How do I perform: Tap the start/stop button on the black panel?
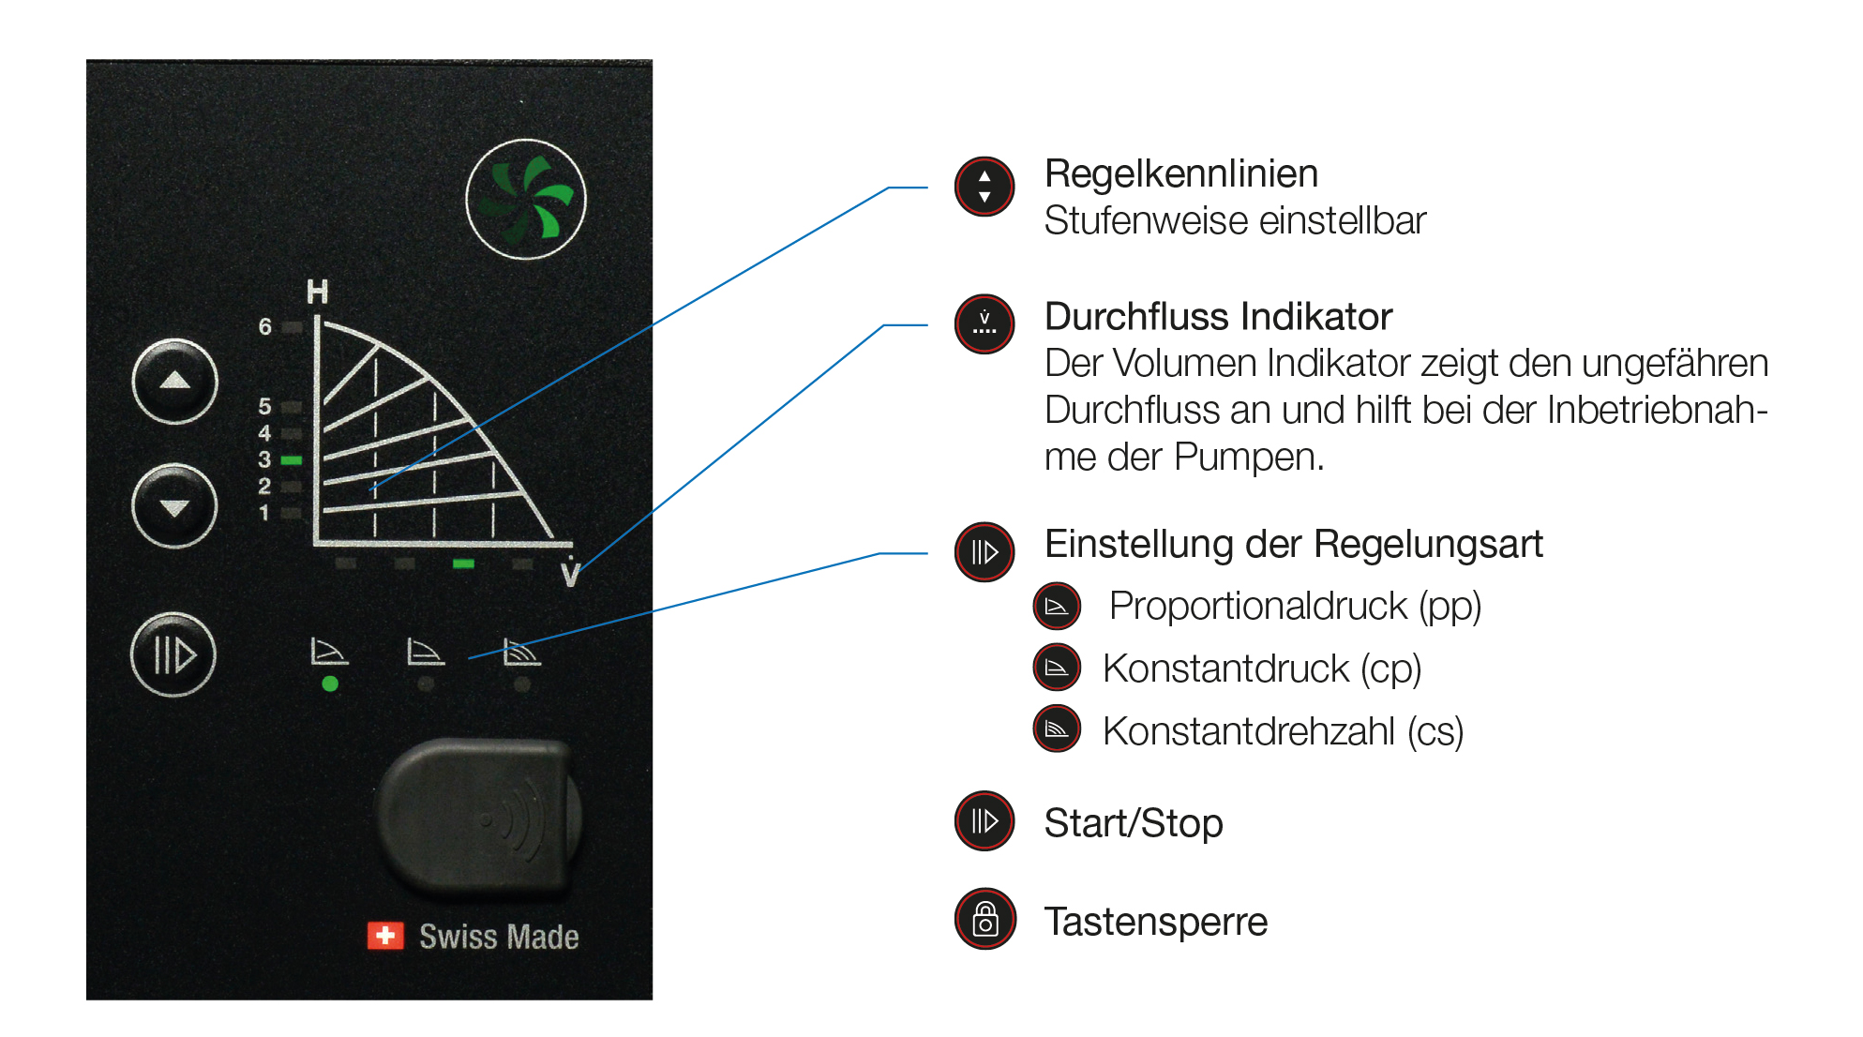click(173, 654)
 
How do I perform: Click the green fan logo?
click(526, 199)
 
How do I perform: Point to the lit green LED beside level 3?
click(292, 460)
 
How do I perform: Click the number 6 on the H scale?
click(265, 326)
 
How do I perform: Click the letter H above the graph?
click(318, 293)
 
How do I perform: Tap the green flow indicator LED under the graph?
click(463, 564)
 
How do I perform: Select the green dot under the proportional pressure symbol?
click(330, 684)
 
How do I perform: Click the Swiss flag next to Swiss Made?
click(385, 935)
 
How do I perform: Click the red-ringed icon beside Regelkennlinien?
click(984, 186)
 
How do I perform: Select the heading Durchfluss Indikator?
click(1218, 317)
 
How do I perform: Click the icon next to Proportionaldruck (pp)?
click(1057, 607)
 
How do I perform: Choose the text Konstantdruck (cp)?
click(1262, 669)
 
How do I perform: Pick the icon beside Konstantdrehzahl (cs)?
click(1057, 729)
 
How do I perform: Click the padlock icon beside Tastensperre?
click(984, 919)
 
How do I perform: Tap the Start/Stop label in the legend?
click(1134, 823)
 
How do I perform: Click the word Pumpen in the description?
click(1247, 458)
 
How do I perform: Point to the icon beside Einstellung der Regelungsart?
click(984, 551)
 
